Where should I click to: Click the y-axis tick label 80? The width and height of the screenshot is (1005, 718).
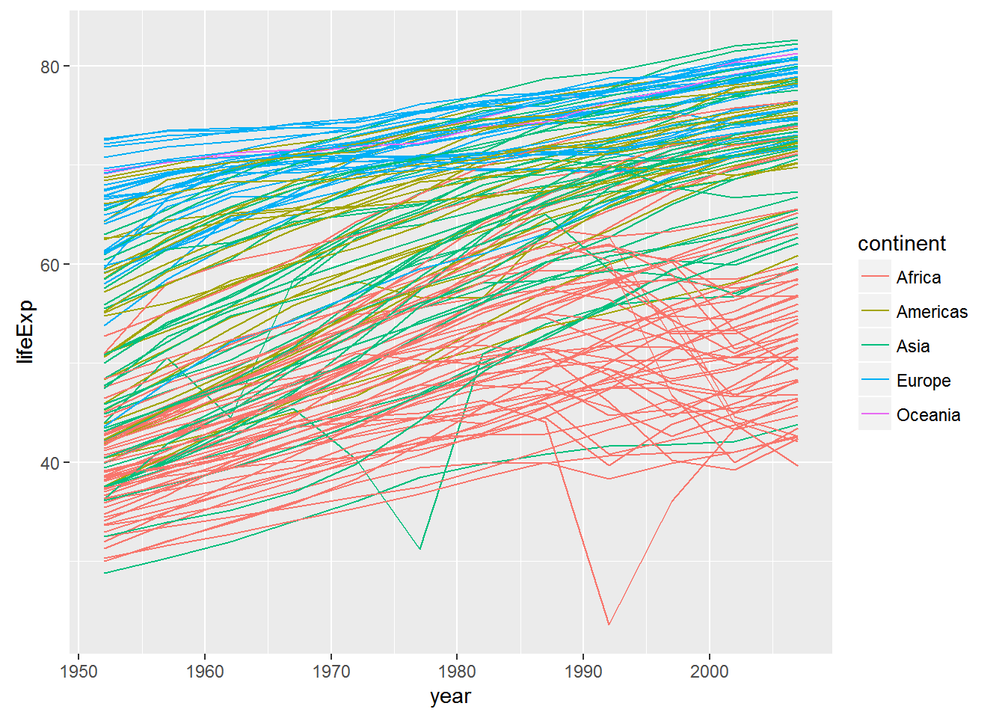(x=49, y=67)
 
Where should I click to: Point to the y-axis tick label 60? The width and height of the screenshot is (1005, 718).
(x=49, y=265)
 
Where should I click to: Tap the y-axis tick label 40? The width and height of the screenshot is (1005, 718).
(x=49, y=463)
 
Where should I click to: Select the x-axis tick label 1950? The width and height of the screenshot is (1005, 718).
(x=79, y=671)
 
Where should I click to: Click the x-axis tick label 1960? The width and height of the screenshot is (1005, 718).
(x=205, y=671)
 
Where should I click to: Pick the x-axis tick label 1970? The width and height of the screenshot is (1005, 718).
(x=331, y=671)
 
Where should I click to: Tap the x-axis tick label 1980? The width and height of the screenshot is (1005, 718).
(x=457, y=671)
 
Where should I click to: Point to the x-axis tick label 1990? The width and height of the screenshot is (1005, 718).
(x=583, y=671)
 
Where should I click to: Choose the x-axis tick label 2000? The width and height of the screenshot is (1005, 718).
(x=710, y=671)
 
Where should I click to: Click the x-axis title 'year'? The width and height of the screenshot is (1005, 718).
(x=450, y=696)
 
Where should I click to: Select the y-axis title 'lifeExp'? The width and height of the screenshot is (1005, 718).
(x=25, y=331)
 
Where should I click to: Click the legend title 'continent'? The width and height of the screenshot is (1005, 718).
(x=901, y=244)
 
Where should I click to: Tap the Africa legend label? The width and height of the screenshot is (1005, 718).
(x=918, y=277)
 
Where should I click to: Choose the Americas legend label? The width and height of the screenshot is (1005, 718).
(x=932, y=312)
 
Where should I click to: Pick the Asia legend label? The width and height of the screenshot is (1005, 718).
(x=913, y=346)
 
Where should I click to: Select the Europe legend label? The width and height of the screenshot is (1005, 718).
(x=923, y=381)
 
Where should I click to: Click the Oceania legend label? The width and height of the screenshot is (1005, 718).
(x=928, y=415)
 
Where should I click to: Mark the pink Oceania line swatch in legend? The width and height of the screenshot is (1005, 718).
(x=875, y=414)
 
